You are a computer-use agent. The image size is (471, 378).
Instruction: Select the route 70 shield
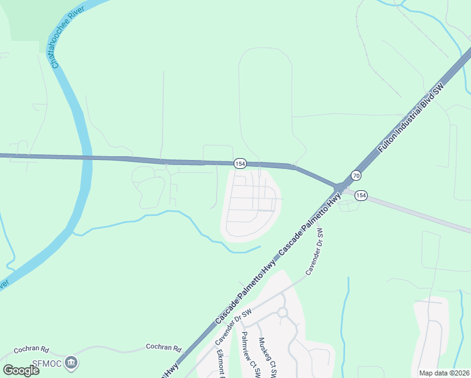pyautogui.click(x=356, y=175)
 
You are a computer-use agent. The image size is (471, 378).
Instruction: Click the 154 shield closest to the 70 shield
pyautogui.click(x=360, y=196)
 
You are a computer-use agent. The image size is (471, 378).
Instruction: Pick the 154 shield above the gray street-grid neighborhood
pyautogui.click(x=239, y=164)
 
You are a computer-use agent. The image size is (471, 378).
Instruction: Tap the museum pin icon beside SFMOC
pyautogui.click(x=72, y=362)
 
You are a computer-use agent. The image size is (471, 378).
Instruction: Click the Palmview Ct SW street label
pyautogui.click(x=250, y=355)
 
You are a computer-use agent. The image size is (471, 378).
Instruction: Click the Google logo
pyautogui.click(x=21, y=370)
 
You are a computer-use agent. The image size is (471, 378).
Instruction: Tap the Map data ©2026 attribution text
pyautogui.click(x=444, y=373)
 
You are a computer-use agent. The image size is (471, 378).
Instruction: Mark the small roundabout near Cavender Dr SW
pyautogui.click(x=281, y=312)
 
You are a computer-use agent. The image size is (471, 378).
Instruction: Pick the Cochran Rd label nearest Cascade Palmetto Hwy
pyautogui.click(x=163, y=347)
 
